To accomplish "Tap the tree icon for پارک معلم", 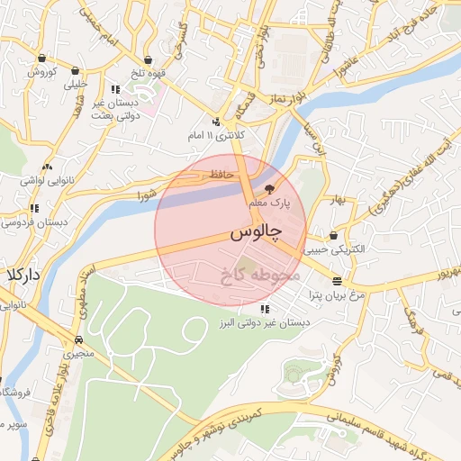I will pos(270,188).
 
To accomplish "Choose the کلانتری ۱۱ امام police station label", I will pos(213,135).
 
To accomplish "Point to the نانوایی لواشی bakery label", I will pos(46,180).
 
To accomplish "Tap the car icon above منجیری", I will pos(80,339).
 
